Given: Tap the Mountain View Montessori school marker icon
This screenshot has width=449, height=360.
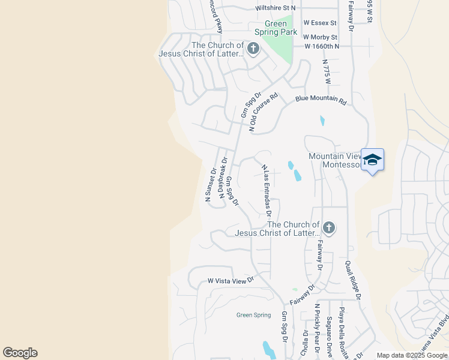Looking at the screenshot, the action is [372, 160].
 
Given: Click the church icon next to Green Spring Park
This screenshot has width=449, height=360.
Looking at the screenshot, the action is [253, 49].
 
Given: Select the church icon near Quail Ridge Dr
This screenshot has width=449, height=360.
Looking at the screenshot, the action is [328, 228].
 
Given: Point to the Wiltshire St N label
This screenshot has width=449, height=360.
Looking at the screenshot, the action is [276, 8].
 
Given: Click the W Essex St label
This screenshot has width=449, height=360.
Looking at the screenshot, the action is [320, 23].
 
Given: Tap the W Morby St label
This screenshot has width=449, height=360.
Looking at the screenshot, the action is [321, 37].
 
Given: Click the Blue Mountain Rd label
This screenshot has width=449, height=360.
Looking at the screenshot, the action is [321, 100].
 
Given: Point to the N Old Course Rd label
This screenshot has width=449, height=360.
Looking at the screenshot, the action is [264, 112].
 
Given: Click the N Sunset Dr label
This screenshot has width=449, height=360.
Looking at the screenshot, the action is [211, 184].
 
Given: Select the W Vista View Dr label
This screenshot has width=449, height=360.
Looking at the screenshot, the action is [231, 280].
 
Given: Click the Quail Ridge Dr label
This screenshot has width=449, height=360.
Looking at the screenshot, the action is [352, 280].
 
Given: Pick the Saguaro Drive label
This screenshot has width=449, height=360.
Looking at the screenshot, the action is [329, 337].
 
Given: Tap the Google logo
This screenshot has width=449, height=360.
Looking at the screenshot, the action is [20, 353].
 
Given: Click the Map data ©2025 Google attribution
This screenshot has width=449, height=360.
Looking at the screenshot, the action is [411, 355].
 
